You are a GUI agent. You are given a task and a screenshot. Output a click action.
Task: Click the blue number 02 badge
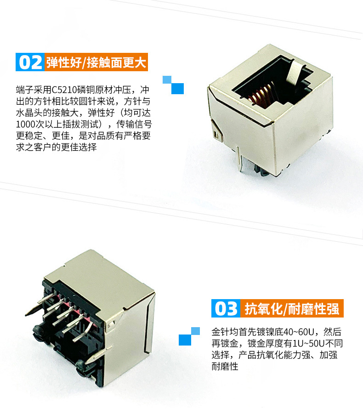(30, 62)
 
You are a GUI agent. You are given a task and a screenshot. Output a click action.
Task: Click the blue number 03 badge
(226, 308)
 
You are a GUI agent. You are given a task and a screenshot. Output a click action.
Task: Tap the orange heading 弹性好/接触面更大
(96, 62)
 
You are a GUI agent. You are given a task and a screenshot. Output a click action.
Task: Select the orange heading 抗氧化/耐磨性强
(292, 308)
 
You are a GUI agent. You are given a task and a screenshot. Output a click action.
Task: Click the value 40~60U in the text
(298, 332)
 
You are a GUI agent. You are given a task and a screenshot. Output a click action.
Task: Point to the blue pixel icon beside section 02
(173, 85)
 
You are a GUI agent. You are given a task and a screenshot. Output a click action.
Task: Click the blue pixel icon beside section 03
(189, 336)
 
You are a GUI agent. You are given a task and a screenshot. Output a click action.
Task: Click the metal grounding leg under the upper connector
(240, 159)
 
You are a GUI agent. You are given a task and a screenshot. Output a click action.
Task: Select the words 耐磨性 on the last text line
(225, 366)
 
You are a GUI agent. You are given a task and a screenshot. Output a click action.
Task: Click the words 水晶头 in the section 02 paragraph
(29, 113)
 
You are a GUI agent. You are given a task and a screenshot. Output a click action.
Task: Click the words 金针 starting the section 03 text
(221, 332)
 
